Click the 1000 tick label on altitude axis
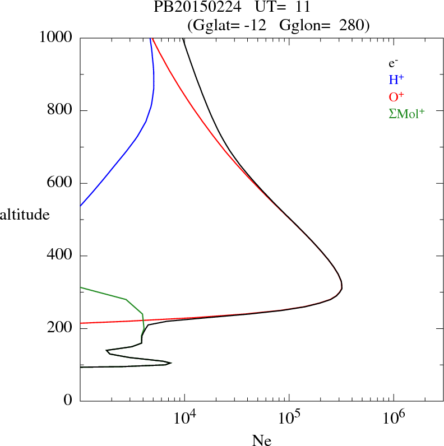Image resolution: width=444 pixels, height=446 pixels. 57,38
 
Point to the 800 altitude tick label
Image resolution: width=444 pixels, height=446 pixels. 61,110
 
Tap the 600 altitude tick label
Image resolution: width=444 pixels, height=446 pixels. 61,183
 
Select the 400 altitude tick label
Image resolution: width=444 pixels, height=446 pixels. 61,256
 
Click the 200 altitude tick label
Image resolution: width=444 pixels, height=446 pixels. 61,328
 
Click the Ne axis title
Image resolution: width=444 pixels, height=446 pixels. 262,440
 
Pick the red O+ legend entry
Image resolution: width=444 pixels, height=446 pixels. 396,96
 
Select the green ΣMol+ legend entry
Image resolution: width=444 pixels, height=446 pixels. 406,113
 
